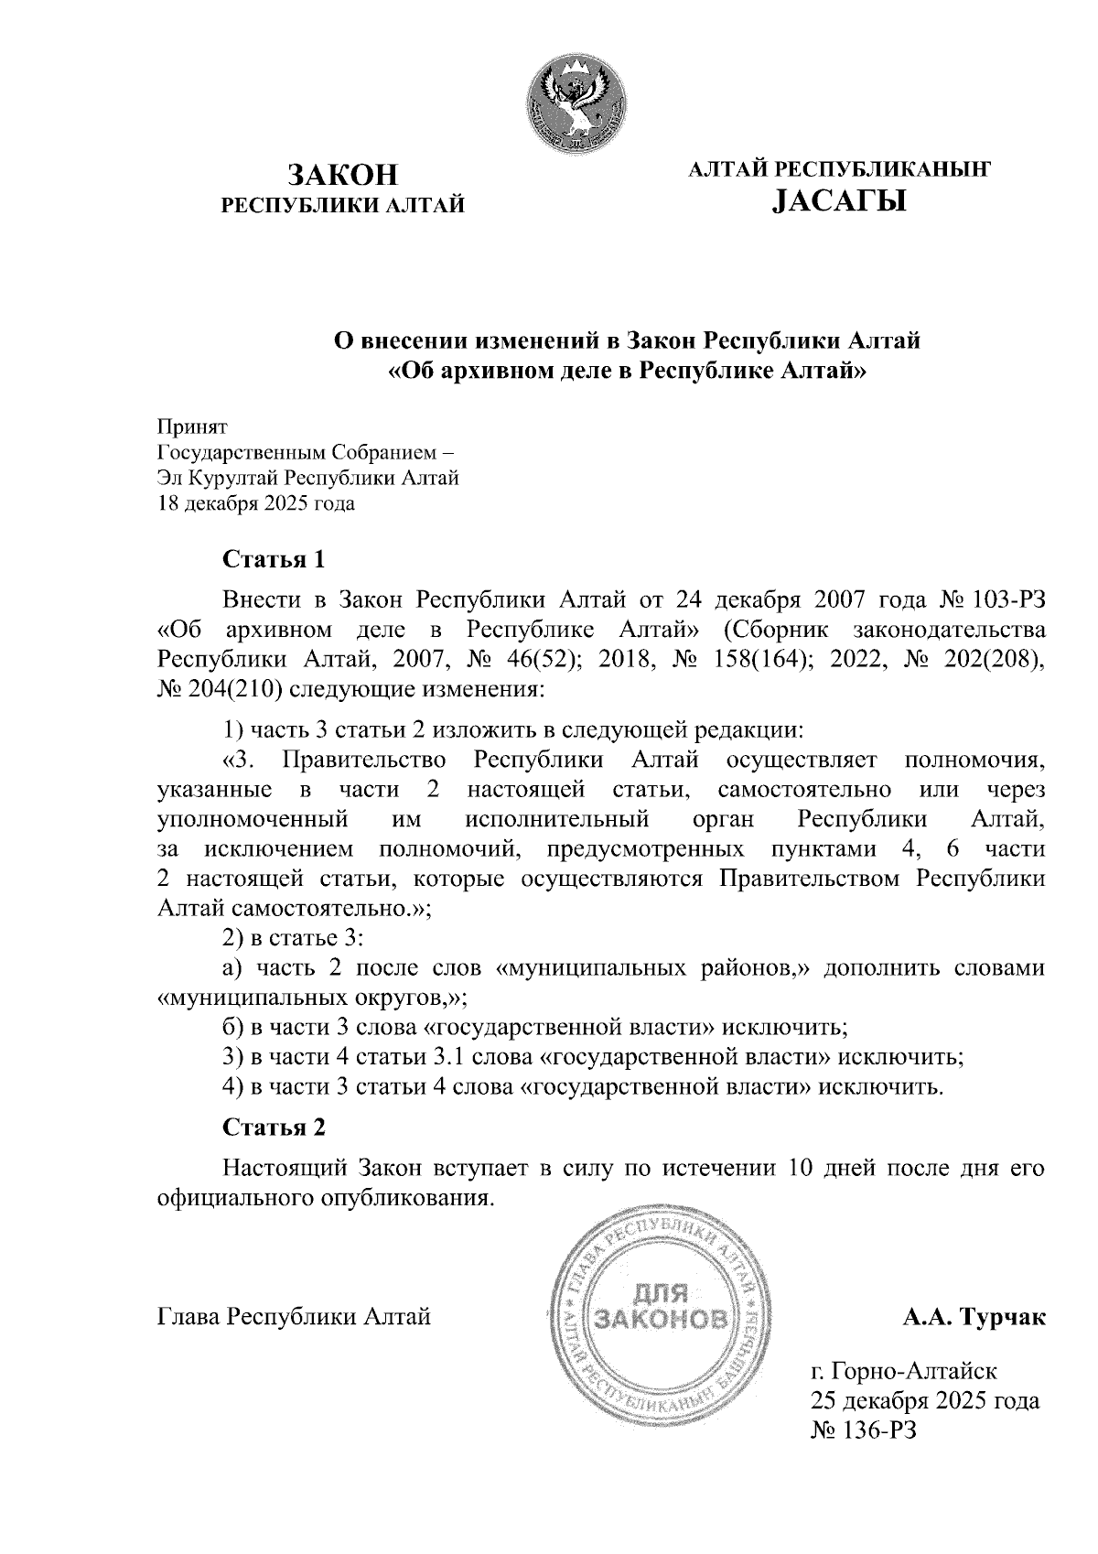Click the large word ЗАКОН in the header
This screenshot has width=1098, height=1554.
345,175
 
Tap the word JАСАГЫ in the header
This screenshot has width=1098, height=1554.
839,199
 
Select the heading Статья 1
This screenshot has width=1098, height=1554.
274,558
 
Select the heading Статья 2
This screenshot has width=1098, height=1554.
274,1128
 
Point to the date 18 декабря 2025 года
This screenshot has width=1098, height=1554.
256,503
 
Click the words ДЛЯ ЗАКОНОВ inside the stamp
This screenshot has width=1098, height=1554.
662,1307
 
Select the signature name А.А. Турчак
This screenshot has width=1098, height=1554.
974,1318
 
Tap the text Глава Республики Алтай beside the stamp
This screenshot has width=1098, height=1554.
294,1318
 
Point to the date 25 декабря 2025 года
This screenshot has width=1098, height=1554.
924,1401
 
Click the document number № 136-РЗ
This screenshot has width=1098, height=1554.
862,1430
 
